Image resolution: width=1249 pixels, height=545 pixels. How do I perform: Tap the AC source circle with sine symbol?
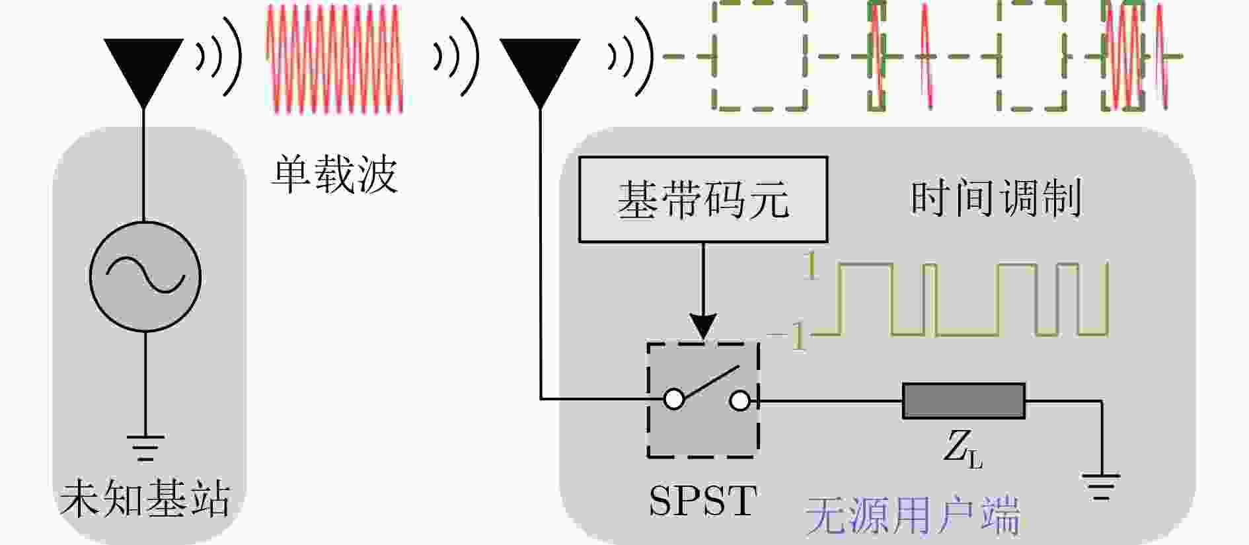(145, 276)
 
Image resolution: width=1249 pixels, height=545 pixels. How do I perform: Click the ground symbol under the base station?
(145, 447)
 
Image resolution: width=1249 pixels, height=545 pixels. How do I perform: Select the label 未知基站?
(145, 499)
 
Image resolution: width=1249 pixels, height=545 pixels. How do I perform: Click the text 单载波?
(334, 174)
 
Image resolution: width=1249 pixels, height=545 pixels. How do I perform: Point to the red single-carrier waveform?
(334, 59)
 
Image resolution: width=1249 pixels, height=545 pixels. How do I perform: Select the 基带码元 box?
(703, 200)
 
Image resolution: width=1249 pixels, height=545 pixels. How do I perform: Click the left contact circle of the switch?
(674, 400)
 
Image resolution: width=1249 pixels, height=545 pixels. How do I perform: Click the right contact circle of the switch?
(740, 400)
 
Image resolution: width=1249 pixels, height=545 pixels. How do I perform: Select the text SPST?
(702, 501)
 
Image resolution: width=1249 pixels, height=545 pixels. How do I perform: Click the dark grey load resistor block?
(964, 401)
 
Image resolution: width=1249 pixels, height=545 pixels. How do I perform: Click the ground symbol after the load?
(1101, 486)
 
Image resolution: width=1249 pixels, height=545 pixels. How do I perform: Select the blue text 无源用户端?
(913, 516)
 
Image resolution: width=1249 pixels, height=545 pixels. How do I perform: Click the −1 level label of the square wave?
(788, 336)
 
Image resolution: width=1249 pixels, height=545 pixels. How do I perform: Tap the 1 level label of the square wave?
(811, 266)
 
